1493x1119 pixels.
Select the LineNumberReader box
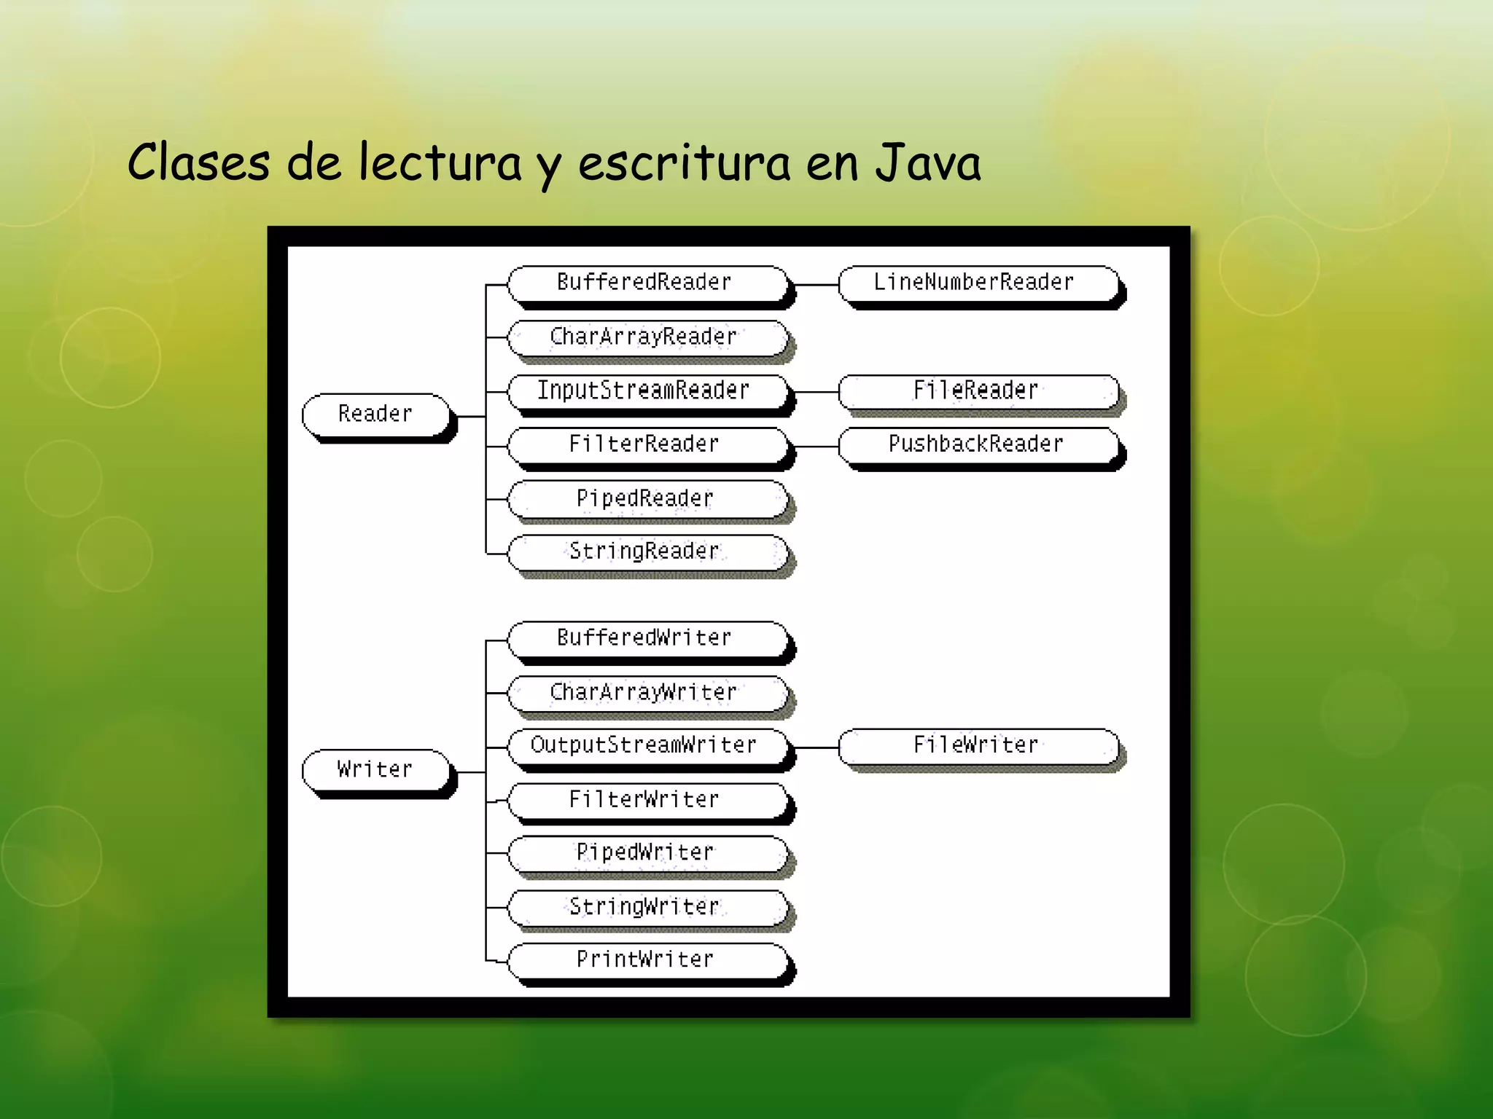977,283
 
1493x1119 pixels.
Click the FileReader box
977,391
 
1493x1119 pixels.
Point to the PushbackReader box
977,444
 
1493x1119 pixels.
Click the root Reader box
376,415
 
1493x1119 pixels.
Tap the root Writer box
376,770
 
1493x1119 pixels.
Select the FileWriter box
977,746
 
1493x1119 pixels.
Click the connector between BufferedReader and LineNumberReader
816,285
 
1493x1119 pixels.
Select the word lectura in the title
440,163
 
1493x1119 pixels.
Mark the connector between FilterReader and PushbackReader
816,446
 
